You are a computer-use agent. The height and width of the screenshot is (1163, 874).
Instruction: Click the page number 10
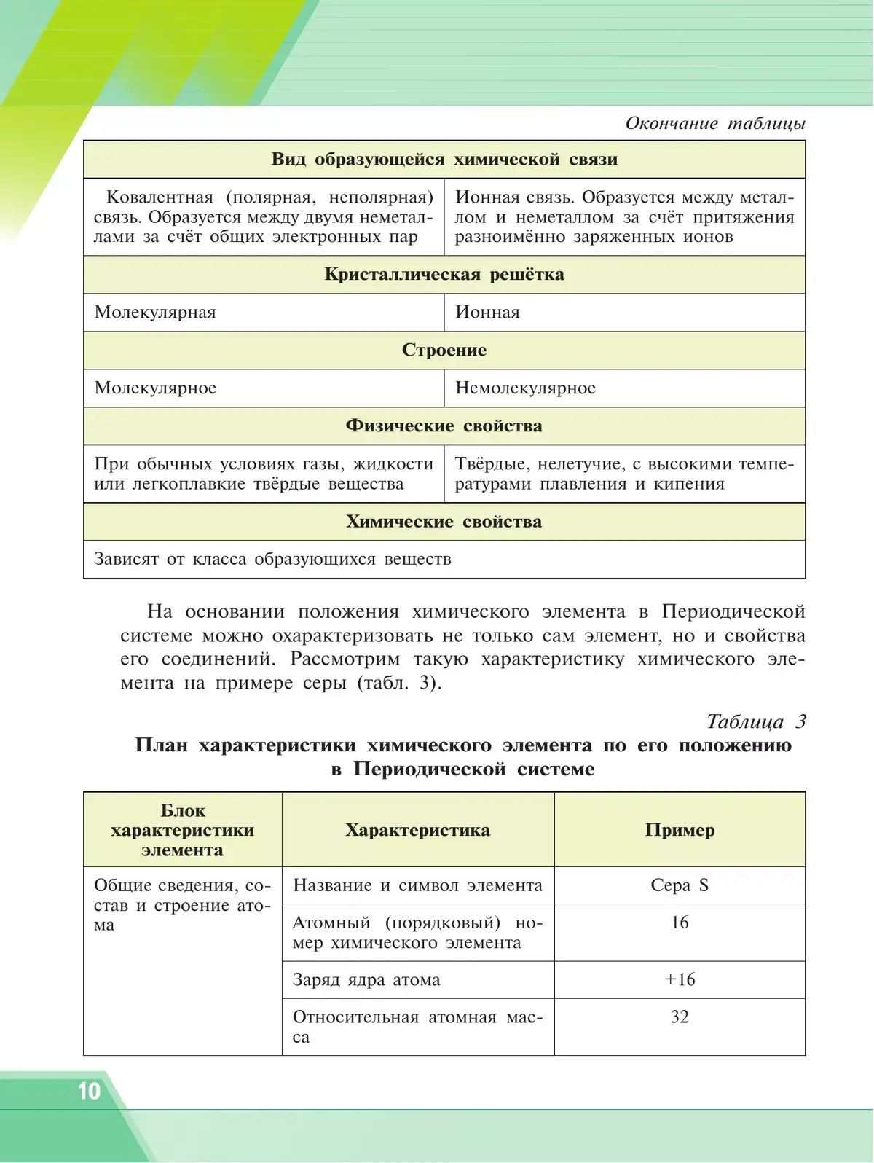tap(89, 1091)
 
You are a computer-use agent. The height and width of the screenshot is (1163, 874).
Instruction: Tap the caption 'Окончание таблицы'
tap(715, 123)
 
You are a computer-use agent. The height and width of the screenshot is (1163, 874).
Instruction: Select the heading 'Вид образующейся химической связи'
tap(444, 160)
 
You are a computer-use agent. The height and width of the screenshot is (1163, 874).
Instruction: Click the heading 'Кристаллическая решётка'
tap(444, 275)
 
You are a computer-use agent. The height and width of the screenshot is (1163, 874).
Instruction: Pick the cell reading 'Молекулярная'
tap(155, 313)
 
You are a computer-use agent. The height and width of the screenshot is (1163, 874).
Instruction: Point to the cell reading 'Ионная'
tap(487, 313)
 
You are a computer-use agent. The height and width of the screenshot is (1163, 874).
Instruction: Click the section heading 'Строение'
tap(444, 351)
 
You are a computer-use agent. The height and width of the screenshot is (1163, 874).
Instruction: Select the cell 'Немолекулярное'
tap(525, 388)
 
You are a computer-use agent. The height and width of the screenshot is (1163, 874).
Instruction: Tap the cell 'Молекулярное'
tap(155, 388)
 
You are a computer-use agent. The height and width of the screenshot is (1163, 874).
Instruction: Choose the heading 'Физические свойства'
tap(444, 426)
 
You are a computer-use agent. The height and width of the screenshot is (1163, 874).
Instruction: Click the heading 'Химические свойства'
tap(444, 522)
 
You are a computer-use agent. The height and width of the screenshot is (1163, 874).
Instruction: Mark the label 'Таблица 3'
tap(756, 721)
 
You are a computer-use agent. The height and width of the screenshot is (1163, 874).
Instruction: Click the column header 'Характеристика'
tap(417, 830)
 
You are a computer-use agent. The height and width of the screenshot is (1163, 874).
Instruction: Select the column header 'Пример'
tap(680, 830)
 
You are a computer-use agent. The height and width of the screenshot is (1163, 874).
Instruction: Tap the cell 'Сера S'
tap(680, 885)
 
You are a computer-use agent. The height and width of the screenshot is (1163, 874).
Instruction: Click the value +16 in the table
tap(680, 979)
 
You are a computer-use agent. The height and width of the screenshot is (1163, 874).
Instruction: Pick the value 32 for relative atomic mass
tap(680, 1017)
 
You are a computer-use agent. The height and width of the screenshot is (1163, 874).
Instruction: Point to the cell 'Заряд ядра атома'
tap(366, 980)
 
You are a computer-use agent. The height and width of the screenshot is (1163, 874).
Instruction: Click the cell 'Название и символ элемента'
tap(417, 885)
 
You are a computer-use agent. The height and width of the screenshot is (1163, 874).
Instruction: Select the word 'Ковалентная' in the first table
tap(160, 197)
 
